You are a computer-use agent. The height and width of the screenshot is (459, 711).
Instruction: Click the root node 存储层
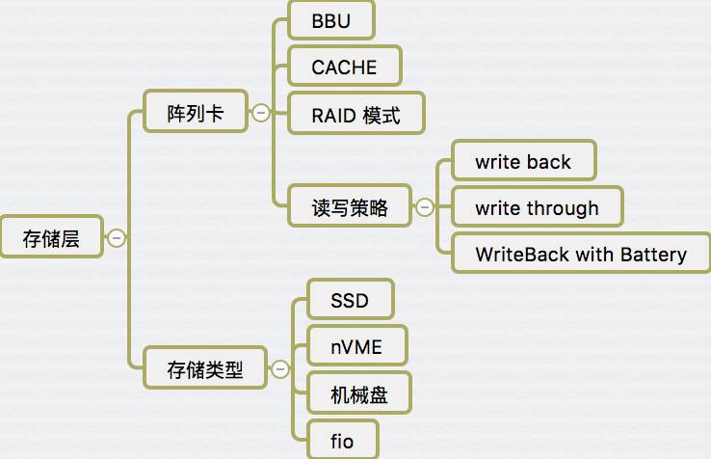pos(51,238)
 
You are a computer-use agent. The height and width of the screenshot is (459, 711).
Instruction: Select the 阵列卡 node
pos(196,113)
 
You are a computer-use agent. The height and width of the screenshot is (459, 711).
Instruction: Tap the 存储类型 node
pos(205,368)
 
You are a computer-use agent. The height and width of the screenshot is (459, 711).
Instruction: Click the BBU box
pos(330,21)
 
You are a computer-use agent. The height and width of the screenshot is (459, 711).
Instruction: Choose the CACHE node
pos(344,67)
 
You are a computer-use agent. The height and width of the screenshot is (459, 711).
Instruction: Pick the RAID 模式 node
pos(355,115)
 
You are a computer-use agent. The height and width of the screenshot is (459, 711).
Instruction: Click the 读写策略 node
pos(350,206)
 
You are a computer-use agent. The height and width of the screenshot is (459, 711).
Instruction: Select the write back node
pos(523,161)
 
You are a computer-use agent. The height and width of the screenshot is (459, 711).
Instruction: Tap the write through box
pos(537,207)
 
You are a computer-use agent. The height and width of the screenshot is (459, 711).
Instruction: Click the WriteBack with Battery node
pos(581,255)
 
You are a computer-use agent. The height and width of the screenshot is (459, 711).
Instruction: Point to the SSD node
pos(350,300)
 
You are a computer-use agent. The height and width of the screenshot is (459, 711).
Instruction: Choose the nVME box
pos(355,346)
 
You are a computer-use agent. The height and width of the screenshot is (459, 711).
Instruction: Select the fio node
pos(342,441)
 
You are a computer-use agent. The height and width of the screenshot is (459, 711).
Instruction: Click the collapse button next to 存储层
pos(117,237)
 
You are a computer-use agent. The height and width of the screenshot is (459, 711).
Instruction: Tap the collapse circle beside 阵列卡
pos(260,113)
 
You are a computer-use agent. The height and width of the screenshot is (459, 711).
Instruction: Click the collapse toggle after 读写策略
pos(423,206)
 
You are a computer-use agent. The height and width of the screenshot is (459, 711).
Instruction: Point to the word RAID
pos(333,115)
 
